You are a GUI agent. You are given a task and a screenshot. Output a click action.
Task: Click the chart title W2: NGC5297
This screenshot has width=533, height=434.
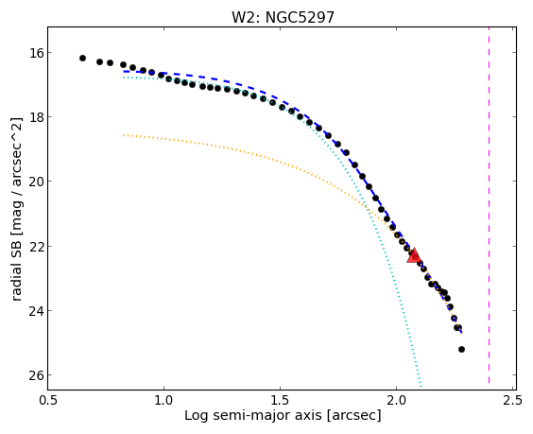pos(283,17)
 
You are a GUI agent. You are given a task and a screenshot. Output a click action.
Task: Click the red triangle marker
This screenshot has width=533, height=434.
pos(414,256)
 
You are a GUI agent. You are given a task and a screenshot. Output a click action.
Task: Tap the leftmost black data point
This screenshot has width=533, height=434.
pos(82,59)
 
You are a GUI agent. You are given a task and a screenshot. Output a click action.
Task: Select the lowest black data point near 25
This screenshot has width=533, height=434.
pos(461,349)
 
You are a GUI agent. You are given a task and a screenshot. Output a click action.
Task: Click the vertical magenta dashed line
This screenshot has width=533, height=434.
pos(489,205)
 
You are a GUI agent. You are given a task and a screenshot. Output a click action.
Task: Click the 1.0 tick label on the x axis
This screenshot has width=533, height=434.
pos(163,400)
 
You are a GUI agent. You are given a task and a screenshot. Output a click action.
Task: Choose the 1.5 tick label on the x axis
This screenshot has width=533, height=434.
pos(280,400)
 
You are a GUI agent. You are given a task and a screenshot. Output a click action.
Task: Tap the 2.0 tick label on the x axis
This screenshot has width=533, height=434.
pos(396,400)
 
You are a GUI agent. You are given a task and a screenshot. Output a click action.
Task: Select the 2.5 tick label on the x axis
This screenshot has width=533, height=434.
pos(512,400)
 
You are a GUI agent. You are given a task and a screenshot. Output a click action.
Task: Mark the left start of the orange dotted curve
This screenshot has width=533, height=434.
pos(124,135)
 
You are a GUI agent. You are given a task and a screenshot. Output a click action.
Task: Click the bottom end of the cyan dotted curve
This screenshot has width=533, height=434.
pos(421,387)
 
